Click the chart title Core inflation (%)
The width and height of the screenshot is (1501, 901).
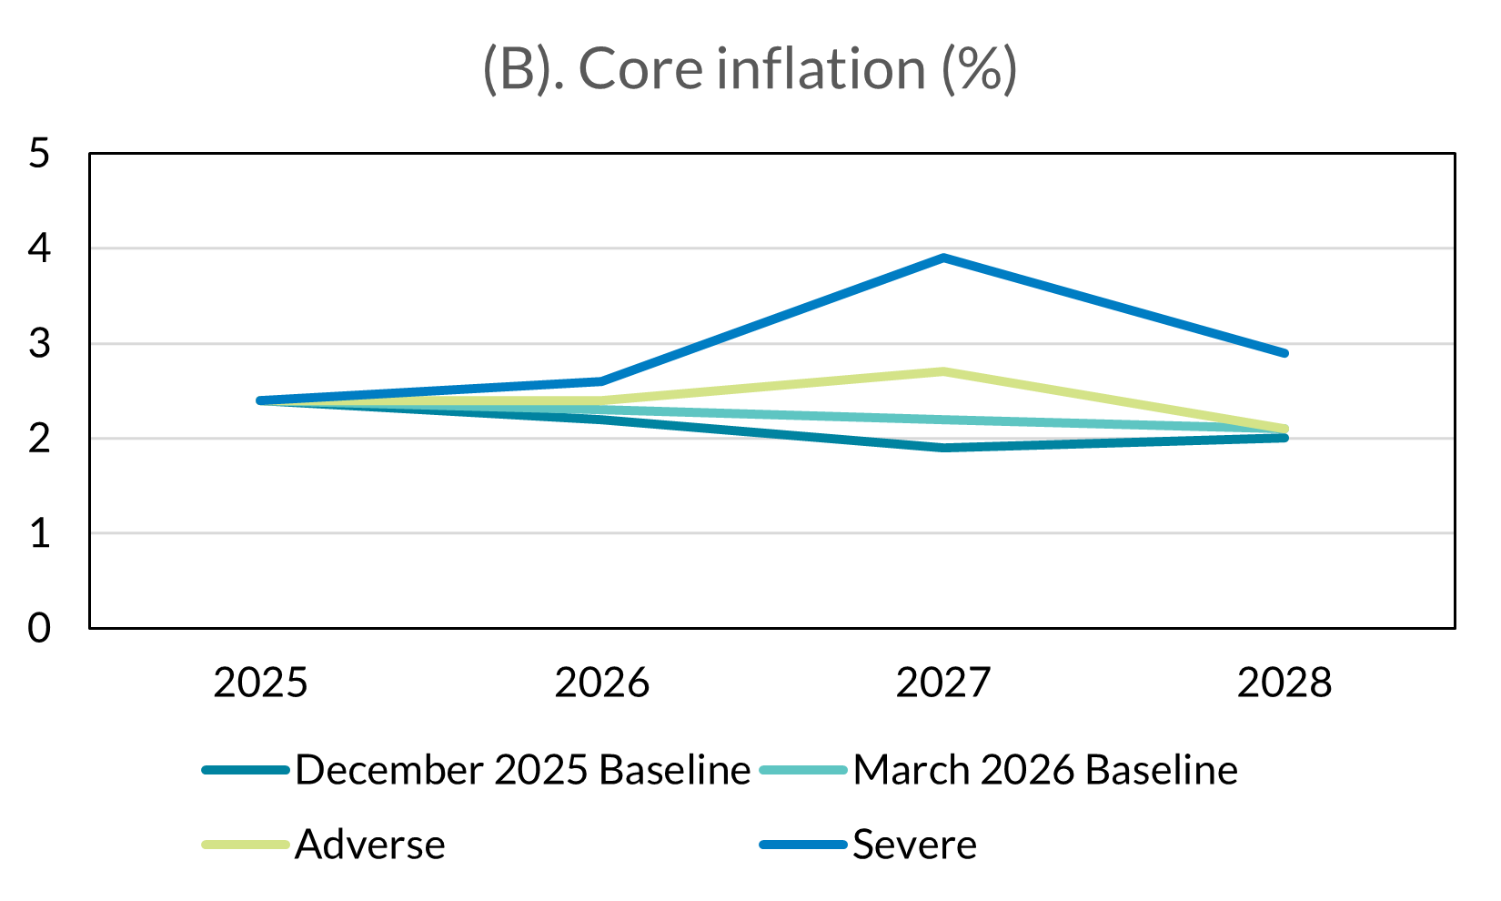pos(750,69)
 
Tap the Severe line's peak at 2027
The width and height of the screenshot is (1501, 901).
pos(944,258)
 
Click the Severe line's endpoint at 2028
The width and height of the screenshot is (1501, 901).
pos(1284,353)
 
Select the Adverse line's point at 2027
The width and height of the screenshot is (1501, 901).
pos(944,371)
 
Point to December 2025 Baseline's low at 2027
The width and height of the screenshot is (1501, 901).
pos(944,448)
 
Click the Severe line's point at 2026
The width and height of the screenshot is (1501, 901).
pos(602,381)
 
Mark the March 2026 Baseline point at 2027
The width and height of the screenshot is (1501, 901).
pos(944,420)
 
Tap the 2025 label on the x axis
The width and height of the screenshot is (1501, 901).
pos(261,683)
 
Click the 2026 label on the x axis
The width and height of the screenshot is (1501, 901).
pos(602,683)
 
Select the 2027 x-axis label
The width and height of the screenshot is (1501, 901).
pos(943,683)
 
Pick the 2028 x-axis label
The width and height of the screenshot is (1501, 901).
pos(1284,683)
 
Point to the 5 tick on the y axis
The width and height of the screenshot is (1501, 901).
pos(39,153)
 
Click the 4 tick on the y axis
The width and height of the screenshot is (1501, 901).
pos(39,248)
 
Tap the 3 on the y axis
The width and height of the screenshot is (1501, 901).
pos(39,343)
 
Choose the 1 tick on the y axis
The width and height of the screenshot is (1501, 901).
pos(39,533)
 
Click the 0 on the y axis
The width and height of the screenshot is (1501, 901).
pos(39,628)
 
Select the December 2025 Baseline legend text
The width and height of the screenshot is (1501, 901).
pos(523,771)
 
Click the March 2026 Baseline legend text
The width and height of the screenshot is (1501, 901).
pos(1045,771)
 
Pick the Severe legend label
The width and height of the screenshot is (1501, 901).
pos(914,845)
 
